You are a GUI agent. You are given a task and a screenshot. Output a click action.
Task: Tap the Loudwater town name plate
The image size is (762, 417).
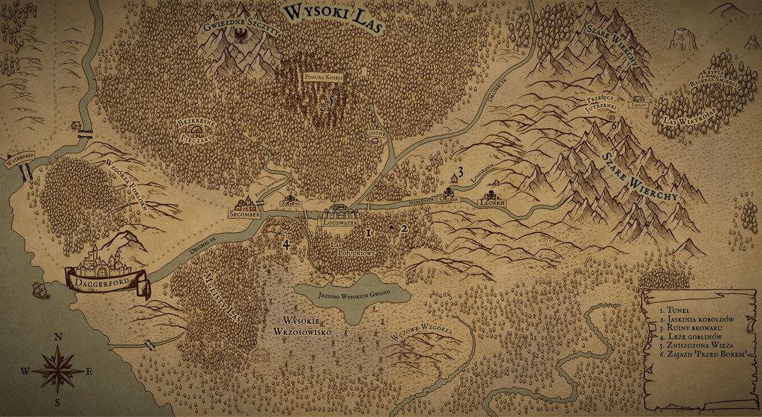click(x=339, y=222)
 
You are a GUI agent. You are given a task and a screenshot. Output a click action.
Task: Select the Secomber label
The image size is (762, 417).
click(x=245, y=214)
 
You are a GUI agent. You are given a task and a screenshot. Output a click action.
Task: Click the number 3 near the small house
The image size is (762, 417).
click(x=461, y=172)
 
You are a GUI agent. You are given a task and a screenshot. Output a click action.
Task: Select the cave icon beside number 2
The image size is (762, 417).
click(x=391, y=226)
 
